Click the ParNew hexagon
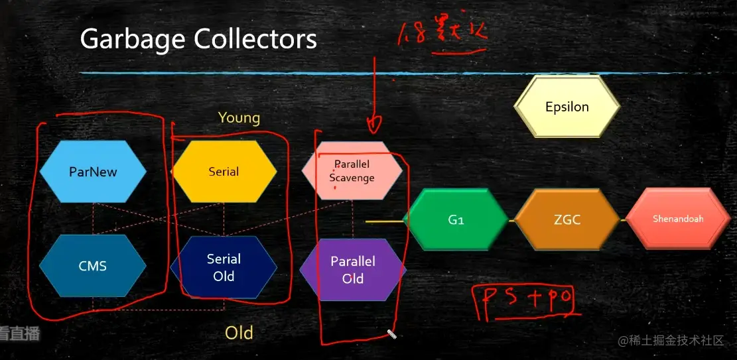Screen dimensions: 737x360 [93, 172]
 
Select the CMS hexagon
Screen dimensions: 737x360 [93, 266]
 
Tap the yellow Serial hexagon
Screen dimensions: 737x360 [224, 172]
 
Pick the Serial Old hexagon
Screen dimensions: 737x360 [224, 267]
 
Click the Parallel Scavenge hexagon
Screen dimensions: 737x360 [352, 171]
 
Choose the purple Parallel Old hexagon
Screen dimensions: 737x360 [353, 269]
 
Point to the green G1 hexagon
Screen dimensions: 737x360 [456, 219]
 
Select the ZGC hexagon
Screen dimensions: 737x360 [567, 219]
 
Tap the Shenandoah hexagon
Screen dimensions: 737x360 [678, 219]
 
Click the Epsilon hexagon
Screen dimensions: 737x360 [567, 107]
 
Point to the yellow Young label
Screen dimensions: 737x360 [239, 118]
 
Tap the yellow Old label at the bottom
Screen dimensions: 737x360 [239, 332]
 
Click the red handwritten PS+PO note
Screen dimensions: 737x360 [524, 301]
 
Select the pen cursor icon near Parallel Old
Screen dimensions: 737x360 [391, 334]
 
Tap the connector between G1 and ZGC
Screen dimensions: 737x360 [511, 219]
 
